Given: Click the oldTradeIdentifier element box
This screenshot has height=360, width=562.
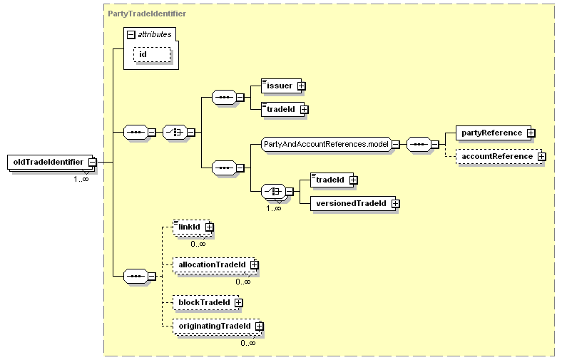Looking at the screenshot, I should pyautogui.click(x=48, y=162).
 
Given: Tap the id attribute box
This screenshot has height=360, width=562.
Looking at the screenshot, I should pyautogui.click(x=152, y=55).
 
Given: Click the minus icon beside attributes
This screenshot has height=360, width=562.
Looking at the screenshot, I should pyautogui.click(x=132, y=34).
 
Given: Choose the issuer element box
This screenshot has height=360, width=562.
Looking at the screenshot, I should pyautogui.click(x=278, y=86).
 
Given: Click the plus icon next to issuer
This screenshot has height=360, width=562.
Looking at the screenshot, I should pyautogui.click(x=301, y=86).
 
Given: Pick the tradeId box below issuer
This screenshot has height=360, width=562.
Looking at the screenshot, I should pyautogui.click(x=280, y=109).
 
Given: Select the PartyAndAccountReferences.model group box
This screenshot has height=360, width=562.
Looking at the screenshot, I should pyautogui.click(x=325, y=144).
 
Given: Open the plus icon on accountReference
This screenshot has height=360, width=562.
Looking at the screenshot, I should pyautogui.click(x=542, y=156).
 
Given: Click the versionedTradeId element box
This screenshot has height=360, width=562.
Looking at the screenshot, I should pyautogui.click(x=349, y=204).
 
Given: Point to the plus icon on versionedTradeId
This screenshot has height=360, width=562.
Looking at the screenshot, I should pyautogui.click(x=395, y=204).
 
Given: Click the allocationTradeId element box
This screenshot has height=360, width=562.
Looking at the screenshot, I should pyautogui.click(x=210, y=264).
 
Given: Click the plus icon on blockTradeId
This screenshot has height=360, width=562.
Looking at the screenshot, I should pyautogui.click(x=238, y=302).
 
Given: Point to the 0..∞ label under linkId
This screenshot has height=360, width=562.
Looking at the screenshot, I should pyautogui.click(x=198, y=243).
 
